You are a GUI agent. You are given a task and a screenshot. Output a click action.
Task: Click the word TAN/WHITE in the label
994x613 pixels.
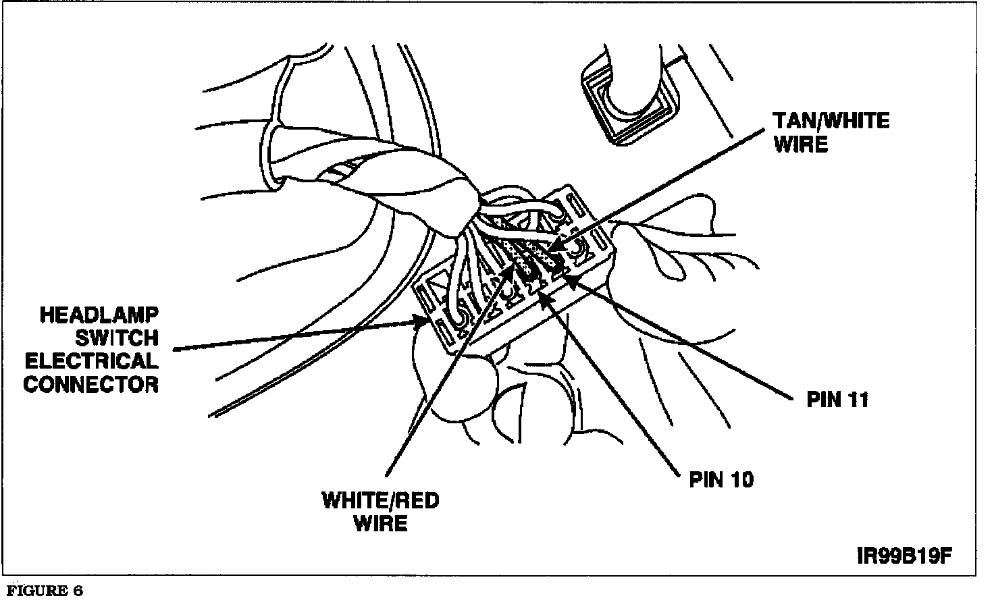coord(831,122)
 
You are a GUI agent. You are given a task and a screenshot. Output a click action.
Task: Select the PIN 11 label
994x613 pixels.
coord(837,400)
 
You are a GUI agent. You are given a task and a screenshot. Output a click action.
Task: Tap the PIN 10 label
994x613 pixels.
coord(721,479)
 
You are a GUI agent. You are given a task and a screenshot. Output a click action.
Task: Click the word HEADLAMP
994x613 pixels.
coord(99,315)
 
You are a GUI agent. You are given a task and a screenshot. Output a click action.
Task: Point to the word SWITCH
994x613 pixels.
coord(117,338)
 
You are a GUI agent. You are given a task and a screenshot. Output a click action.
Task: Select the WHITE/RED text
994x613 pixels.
coord(380,500)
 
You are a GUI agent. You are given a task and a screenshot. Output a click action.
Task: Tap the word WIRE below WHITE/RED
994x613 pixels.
coord(380,523)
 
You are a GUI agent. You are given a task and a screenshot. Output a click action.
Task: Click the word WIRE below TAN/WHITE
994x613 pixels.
coord(801,144)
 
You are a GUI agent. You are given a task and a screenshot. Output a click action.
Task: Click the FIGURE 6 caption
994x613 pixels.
coord(45,591)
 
